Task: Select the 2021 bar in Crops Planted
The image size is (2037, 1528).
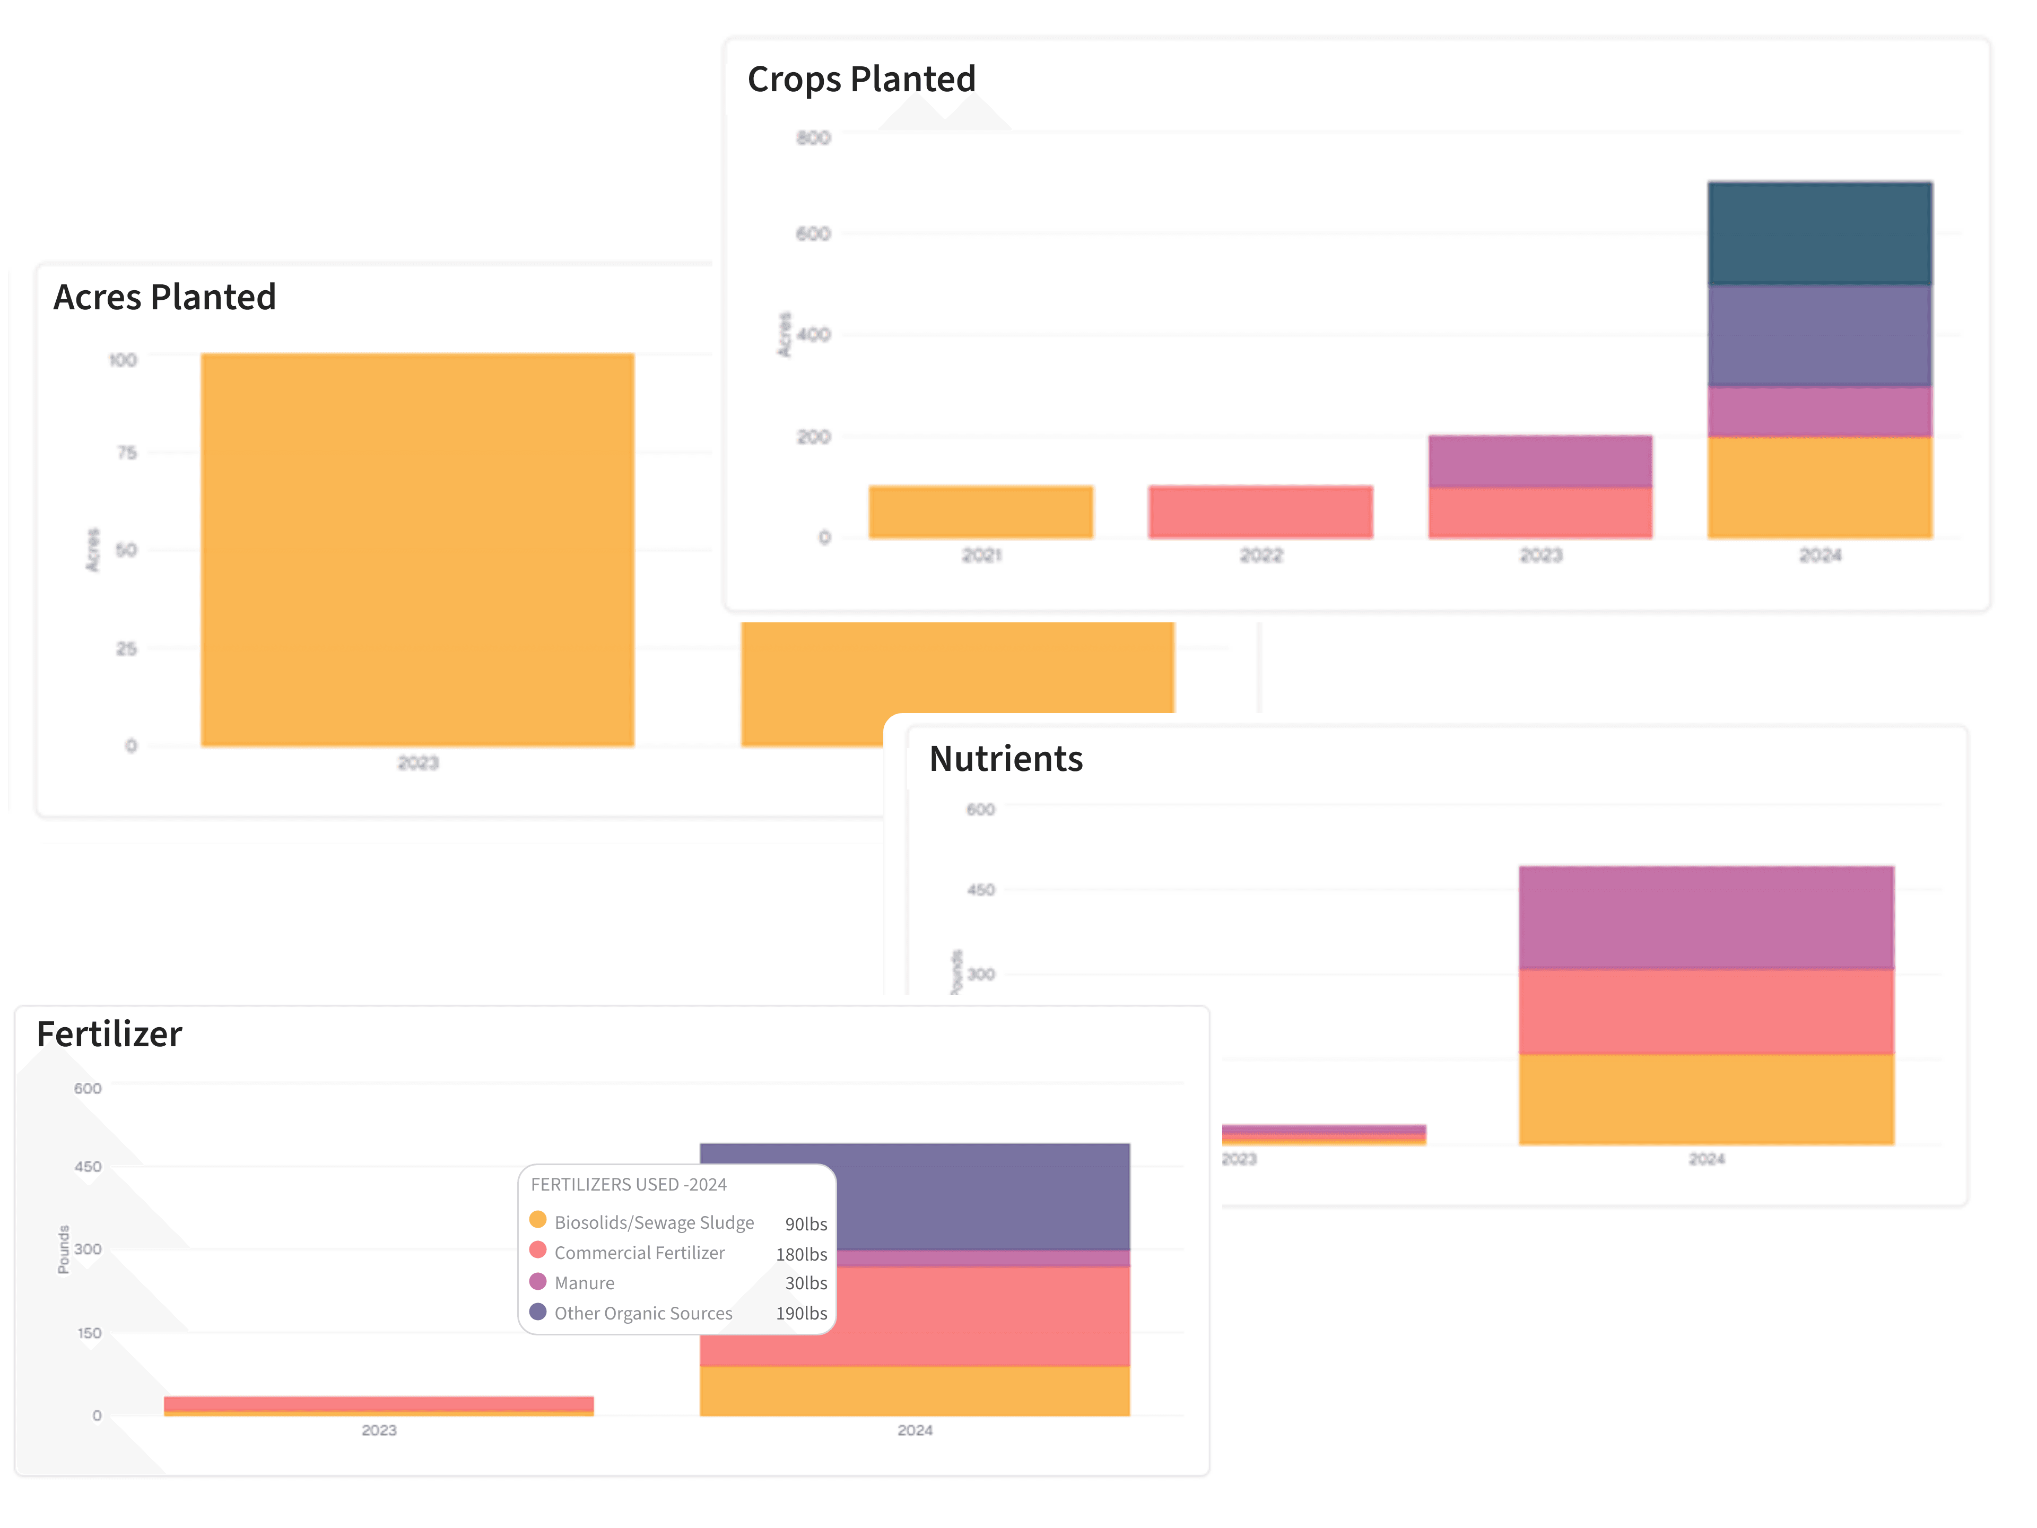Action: tap(981, 512)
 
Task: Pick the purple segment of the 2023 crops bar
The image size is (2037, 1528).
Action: tap(1540, 461)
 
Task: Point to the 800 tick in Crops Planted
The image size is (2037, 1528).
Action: tap(813, 138)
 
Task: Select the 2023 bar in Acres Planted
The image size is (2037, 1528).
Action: tap(417, 550)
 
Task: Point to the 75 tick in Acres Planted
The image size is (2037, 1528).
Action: tap(126, 452)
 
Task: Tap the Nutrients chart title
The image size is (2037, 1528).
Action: tap(1006, 759)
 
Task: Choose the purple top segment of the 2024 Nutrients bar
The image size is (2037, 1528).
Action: tap(1705, 917)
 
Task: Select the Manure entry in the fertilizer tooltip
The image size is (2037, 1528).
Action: tap(584, 1283)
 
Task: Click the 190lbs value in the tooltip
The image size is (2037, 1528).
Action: tap(801, 1314)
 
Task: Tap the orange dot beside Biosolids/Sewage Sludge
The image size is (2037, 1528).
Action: tap(538, 1220)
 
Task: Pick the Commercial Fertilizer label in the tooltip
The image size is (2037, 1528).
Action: tap(639, 1253)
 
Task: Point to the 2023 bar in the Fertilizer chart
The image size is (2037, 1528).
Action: tap(378, 1404)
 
